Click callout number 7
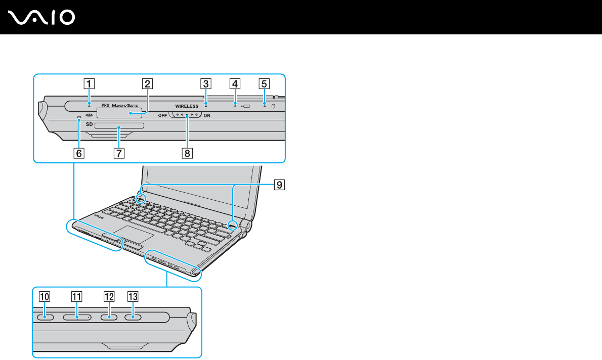click(x=118, y=153)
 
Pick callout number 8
click(x=187, y=153)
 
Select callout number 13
click(x=133, y=297)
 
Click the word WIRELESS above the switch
click(x=187, y=107)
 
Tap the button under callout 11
click(x=77, y=317)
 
